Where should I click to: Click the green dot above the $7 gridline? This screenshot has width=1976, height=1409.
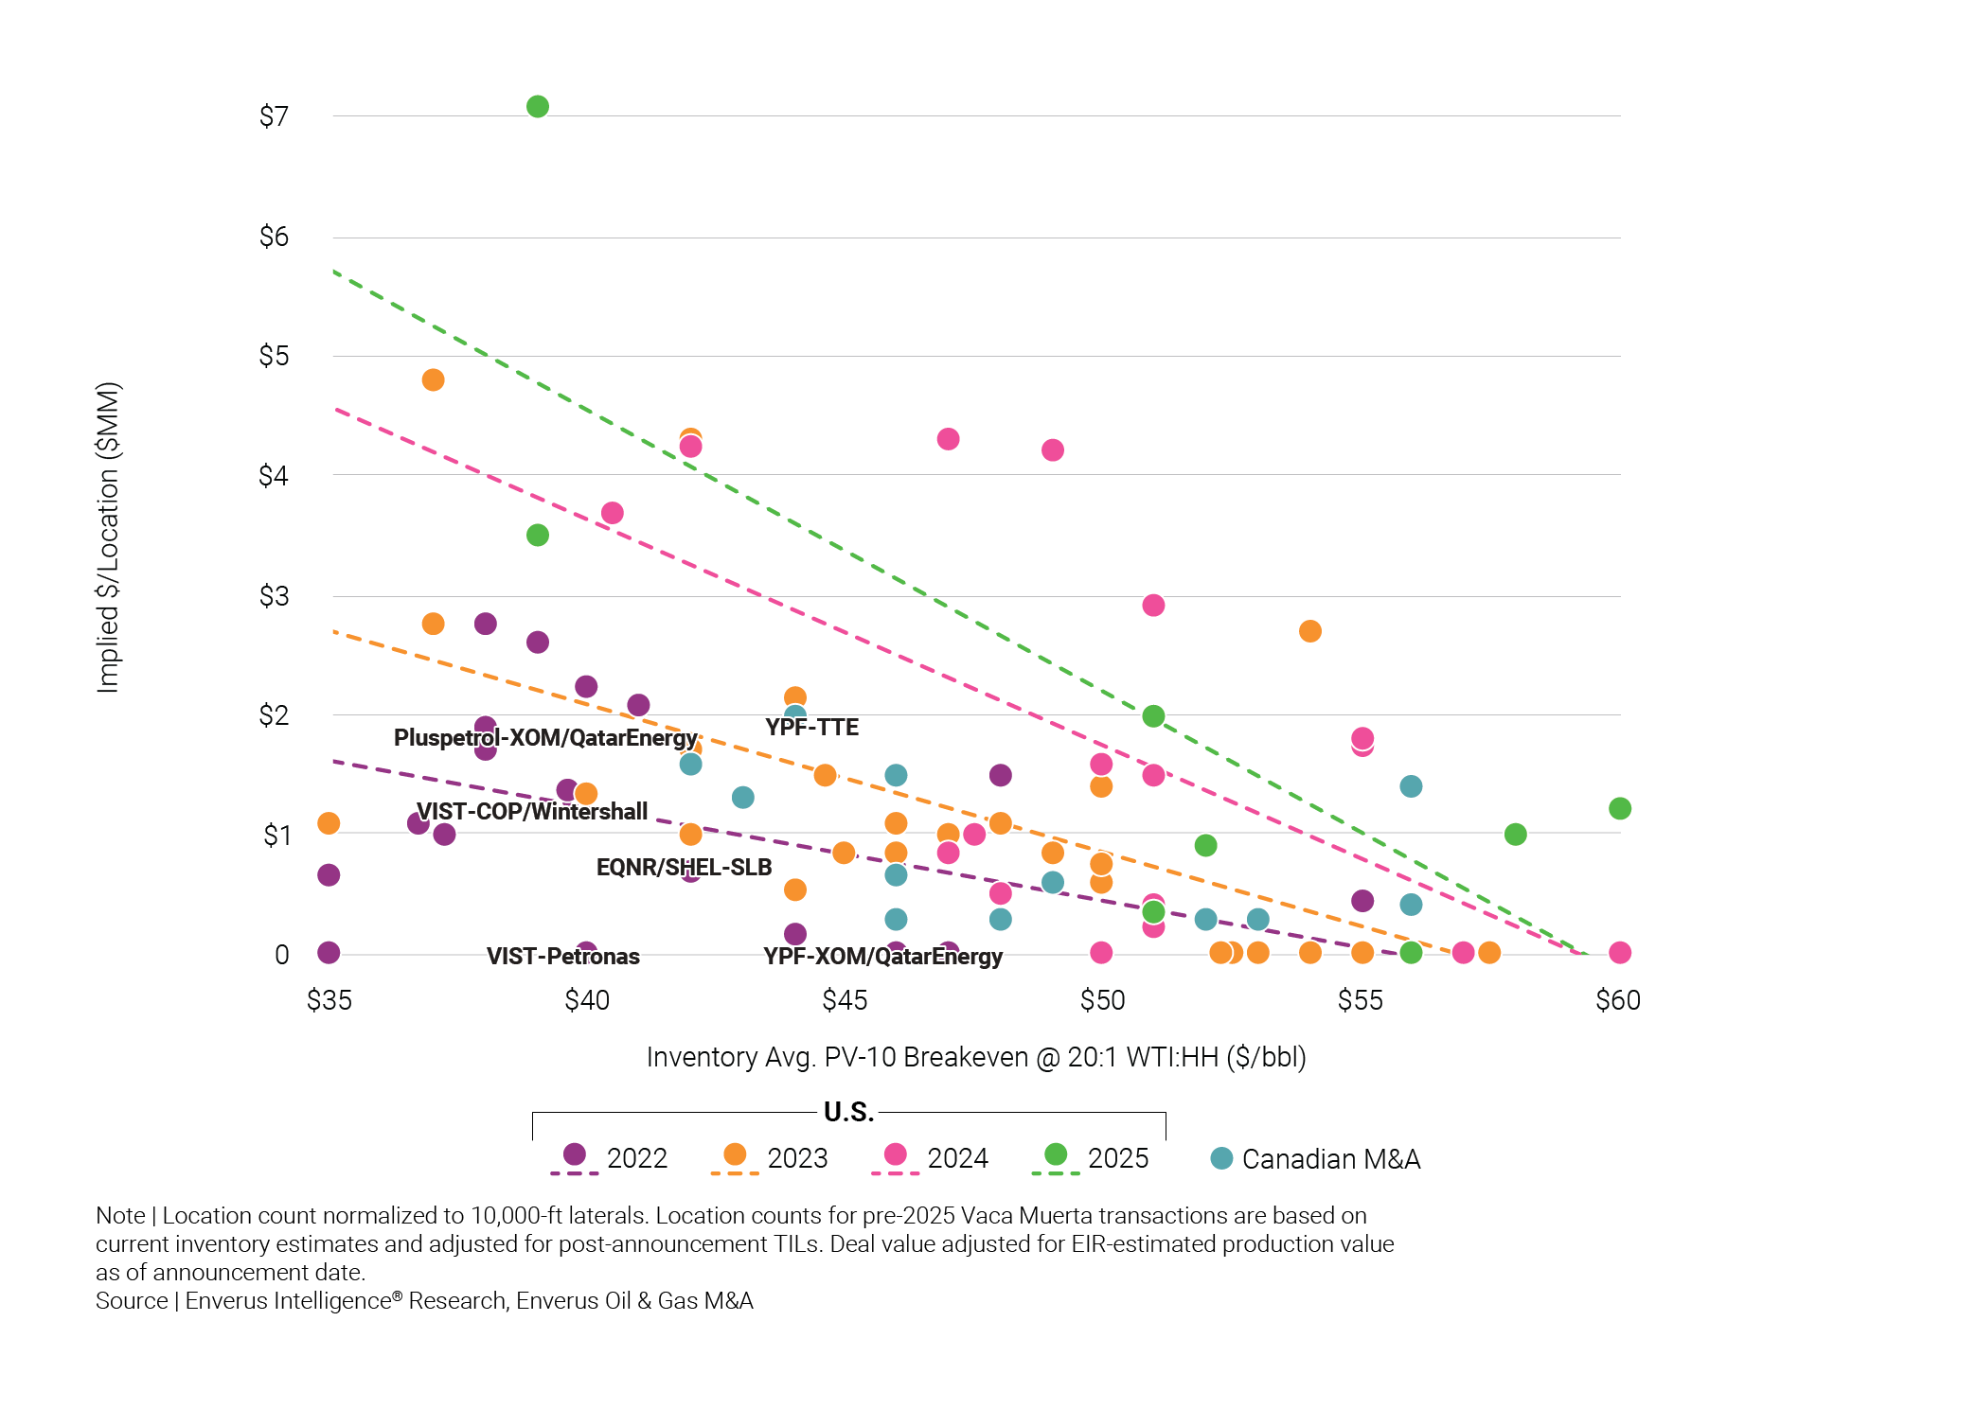point(538,107)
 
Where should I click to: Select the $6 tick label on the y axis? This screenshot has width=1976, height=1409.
point(274,237)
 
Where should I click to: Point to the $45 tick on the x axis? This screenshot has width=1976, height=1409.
point(845,1000)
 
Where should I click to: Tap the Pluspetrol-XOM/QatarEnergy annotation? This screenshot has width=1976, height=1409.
point(545,737)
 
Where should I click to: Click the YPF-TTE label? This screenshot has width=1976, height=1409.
point(811,728)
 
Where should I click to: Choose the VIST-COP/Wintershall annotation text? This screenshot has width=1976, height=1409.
point(532,811)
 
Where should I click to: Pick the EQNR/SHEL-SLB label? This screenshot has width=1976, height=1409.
point(684,867)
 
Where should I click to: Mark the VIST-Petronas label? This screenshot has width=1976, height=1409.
point(563,956)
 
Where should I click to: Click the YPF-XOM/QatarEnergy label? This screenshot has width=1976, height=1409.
point(882,956)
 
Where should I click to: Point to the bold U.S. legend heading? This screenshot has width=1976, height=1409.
point(848,1112)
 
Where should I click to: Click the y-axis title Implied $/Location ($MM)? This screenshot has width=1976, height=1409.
point(109,537)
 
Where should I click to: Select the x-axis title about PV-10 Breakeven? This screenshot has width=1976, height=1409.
point(976,1057)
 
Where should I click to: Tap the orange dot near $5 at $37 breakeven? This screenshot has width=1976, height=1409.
point(433,380)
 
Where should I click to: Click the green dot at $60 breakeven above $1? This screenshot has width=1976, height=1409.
point(1620,808)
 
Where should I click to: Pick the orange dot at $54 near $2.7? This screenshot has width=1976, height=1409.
point(1310,631)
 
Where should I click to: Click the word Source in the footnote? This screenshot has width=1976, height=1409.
point(132,1301)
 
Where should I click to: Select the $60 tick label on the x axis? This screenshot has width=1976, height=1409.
point(1618,1000)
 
